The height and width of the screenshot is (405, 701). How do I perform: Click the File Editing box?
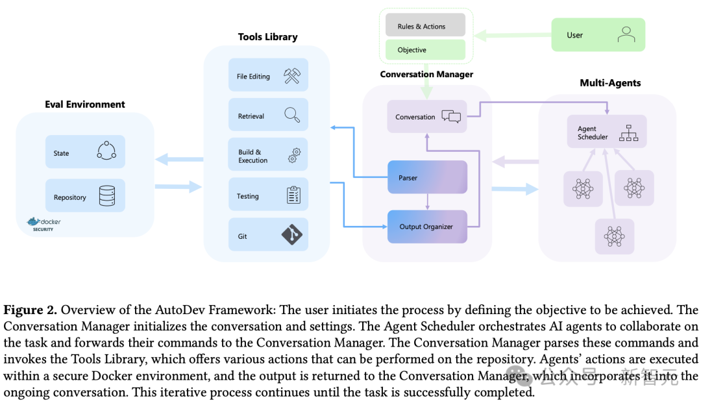point(268,76)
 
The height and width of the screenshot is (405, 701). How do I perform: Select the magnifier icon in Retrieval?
point(292,116)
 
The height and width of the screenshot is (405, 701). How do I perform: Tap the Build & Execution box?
point(268,156)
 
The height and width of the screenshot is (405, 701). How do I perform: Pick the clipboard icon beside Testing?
point(293,195)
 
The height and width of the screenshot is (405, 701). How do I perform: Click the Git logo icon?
point(292,235)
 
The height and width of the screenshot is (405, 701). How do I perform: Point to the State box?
point(85,153)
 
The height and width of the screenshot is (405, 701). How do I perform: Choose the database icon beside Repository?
point(107,196)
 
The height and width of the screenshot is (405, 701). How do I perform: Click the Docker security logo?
point(44,224)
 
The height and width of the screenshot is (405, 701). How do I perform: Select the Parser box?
point(427,177)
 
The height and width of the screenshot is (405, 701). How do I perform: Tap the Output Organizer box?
point(427,227)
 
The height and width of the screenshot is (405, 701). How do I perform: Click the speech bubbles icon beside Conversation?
point(451,117)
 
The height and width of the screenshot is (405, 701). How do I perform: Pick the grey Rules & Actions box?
point(425,26)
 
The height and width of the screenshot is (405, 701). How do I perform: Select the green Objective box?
point(425,50)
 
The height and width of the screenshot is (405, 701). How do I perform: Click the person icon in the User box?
point(626,34)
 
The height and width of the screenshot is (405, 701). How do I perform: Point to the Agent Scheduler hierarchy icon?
point(629,133)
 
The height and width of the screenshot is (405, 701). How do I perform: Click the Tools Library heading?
point(267,36)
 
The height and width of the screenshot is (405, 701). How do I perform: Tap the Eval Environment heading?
point(85,104)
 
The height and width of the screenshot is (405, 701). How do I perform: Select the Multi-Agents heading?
point(610,83)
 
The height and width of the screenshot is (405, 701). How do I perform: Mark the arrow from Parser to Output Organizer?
point(427,202)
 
